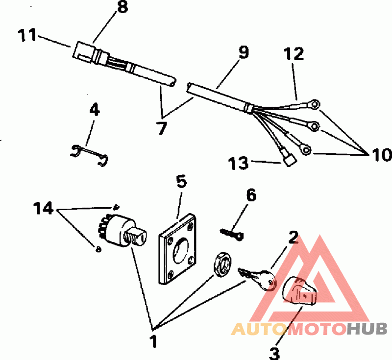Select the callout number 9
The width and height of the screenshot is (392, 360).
click(x=244, y=52)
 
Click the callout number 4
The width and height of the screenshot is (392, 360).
click(x=94, y=110)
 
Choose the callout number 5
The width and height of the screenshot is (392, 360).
click(x=181, y=182)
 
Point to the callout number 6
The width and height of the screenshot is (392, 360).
click(x=250, y=195)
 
